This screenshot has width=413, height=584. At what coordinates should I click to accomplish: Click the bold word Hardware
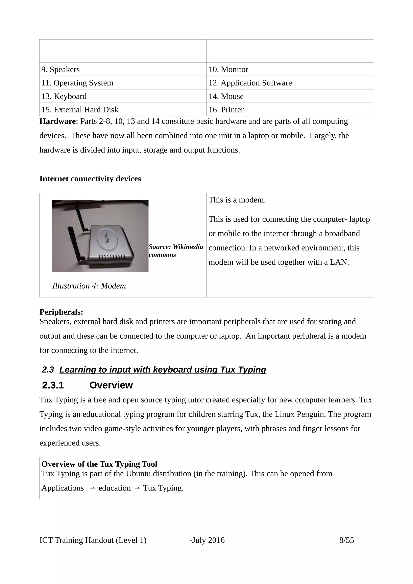pos(57,121)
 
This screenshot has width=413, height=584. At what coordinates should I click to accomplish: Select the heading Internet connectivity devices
pos(90,179)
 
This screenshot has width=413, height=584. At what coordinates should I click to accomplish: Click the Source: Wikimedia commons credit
pos(176,251)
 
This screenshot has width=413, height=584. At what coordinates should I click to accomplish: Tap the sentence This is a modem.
pos(237,200)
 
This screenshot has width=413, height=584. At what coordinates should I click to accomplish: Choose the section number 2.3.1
pos(53,385)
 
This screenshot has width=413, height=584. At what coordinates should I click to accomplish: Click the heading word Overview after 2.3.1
pos(111,385)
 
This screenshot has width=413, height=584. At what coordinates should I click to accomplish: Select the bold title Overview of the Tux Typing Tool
pos(99,464)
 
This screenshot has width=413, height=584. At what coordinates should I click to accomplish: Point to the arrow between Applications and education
pos(92,488)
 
